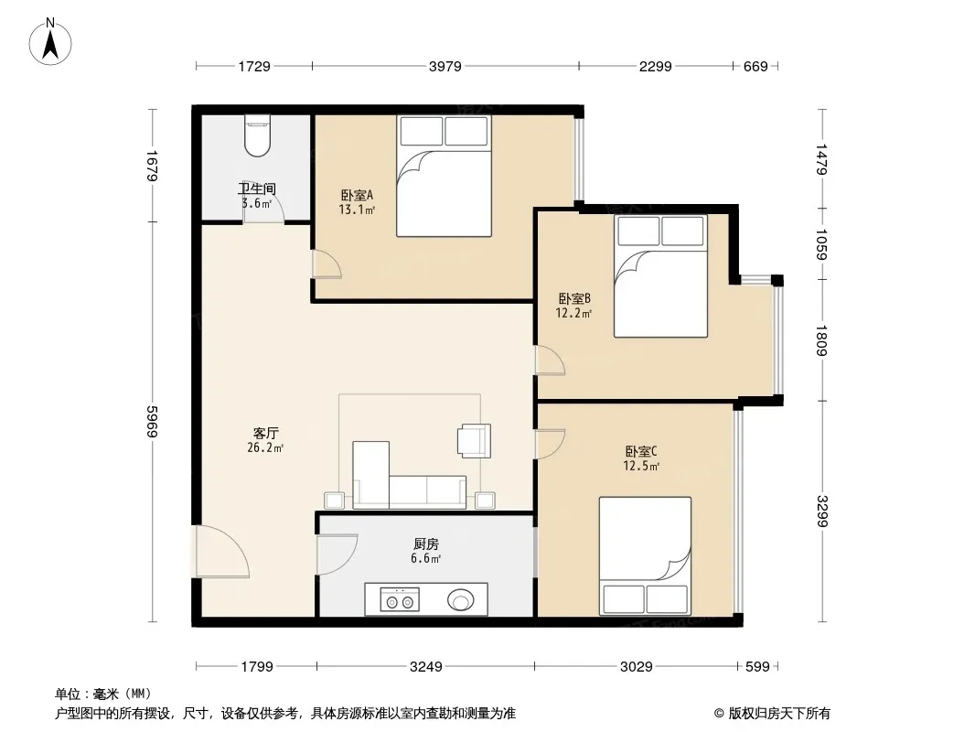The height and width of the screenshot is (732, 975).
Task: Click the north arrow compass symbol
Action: click(50, 42)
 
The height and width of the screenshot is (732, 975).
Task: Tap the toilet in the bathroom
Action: click(257, 135)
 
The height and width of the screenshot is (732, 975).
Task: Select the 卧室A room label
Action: click(357, 195)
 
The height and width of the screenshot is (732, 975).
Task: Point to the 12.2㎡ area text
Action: click(573, 314)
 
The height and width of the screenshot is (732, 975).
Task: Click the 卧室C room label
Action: click(641, 451)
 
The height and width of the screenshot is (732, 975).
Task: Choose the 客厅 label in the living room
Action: click(265, 433)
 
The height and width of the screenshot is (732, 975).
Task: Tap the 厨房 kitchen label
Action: click(426, 544)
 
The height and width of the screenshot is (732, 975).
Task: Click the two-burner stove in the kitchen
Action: click(400, 599)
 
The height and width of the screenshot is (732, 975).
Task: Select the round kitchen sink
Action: click(461, 600)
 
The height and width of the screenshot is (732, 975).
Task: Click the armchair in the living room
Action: click(474, 441)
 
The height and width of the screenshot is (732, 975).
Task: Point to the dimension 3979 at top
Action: click(445, 66)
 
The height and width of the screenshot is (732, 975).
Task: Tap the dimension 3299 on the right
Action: click(822, 511)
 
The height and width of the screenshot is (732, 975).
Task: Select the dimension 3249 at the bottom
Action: click(426, 667)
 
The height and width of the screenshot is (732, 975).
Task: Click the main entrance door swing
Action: click(222, 551)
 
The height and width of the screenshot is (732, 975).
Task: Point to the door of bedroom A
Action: click(327, 264)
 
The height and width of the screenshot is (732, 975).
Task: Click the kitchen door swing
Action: click(337, 554)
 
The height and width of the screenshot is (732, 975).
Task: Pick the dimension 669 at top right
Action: click(756, 66)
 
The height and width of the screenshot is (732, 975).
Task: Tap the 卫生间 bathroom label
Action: click(257, 188)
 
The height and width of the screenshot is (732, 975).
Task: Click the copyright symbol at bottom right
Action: click(719, 714)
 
